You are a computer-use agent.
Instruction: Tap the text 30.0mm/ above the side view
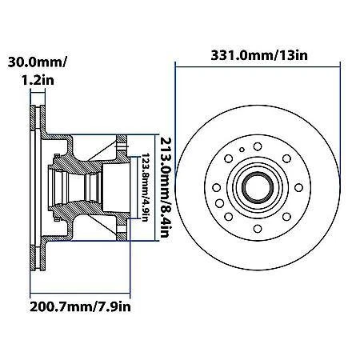coord(35,62)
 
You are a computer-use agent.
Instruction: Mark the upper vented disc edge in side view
coord(35,120)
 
